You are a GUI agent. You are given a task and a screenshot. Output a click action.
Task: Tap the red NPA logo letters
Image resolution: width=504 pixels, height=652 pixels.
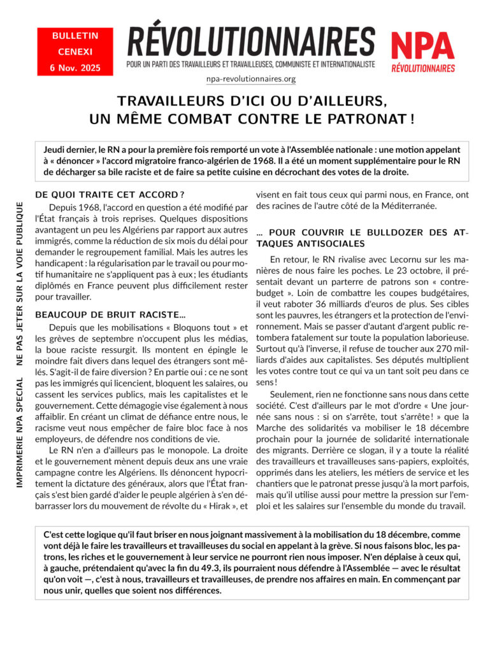pyautogui.click(x=422, y=46)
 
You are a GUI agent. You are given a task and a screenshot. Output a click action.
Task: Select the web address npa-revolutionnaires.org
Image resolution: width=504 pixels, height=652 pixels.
pyautogui.click(x=251, y=80)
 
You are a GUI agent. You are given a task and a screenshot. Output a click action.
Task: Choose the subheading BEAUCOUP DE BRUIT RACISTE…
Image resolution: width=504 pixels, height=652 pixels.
pyautogui.click(x=110, y=315)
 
